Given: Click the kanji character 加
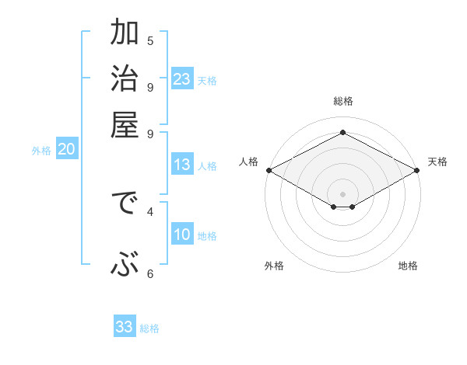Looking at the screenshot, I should pyautogui.click(x=124, y=33).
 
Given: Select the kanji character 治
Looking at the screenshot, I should pyautogui.click(x=124, y=78).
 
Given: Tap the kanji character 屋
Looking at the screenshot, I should pyautogui.click(x=124, y=124).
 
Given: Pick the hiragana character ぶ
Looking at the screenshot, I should pyautogui.click(x=124, y=265).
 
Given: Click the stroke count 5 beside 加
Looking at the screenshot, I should pyautogui.click(x=150, y=41).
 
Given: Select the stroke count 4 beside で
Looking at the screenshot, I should pyautogui.click(x=150, y=210).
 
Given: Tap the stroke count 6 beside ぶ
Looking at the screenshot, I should pyautogui.click(x=150, y=273).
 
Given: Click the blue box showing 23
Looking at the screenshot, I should pyautogui.click(x=182, y=79).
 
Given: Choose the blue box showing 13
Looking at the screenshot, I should pyautogui.click(x=182, y=165).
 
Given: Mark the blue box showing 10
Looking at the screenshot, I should pyautogui.click(x=182, y=235).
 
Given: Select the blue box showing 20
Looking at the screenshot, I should pyautogui.click(x=66, y=150).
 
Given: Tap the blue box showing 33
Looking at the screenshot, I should pyautogui.click(x=124, y=327).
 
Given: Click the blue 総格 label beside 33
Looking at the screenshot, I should pyautogui.click(x=149, y=328).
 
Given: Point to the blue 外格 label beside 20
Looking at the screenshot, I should pyautogui.click(x=41, y=151).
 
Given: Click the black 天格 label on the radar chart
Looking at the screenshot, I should pyautogui.click(x=438, y=162).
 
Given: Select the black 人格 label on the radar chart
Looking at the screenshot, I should pyautogui.click(x=248, y=162).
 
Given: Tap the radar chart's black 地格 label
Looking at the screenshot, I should pyautogui.click(x=408, y=266).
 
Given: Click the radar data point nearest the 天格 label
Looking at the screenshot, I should pyautogui.click(x=418, y=170).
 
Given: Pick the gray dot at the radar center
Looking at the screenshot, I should pyautogui.click(x=343, y=193).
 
